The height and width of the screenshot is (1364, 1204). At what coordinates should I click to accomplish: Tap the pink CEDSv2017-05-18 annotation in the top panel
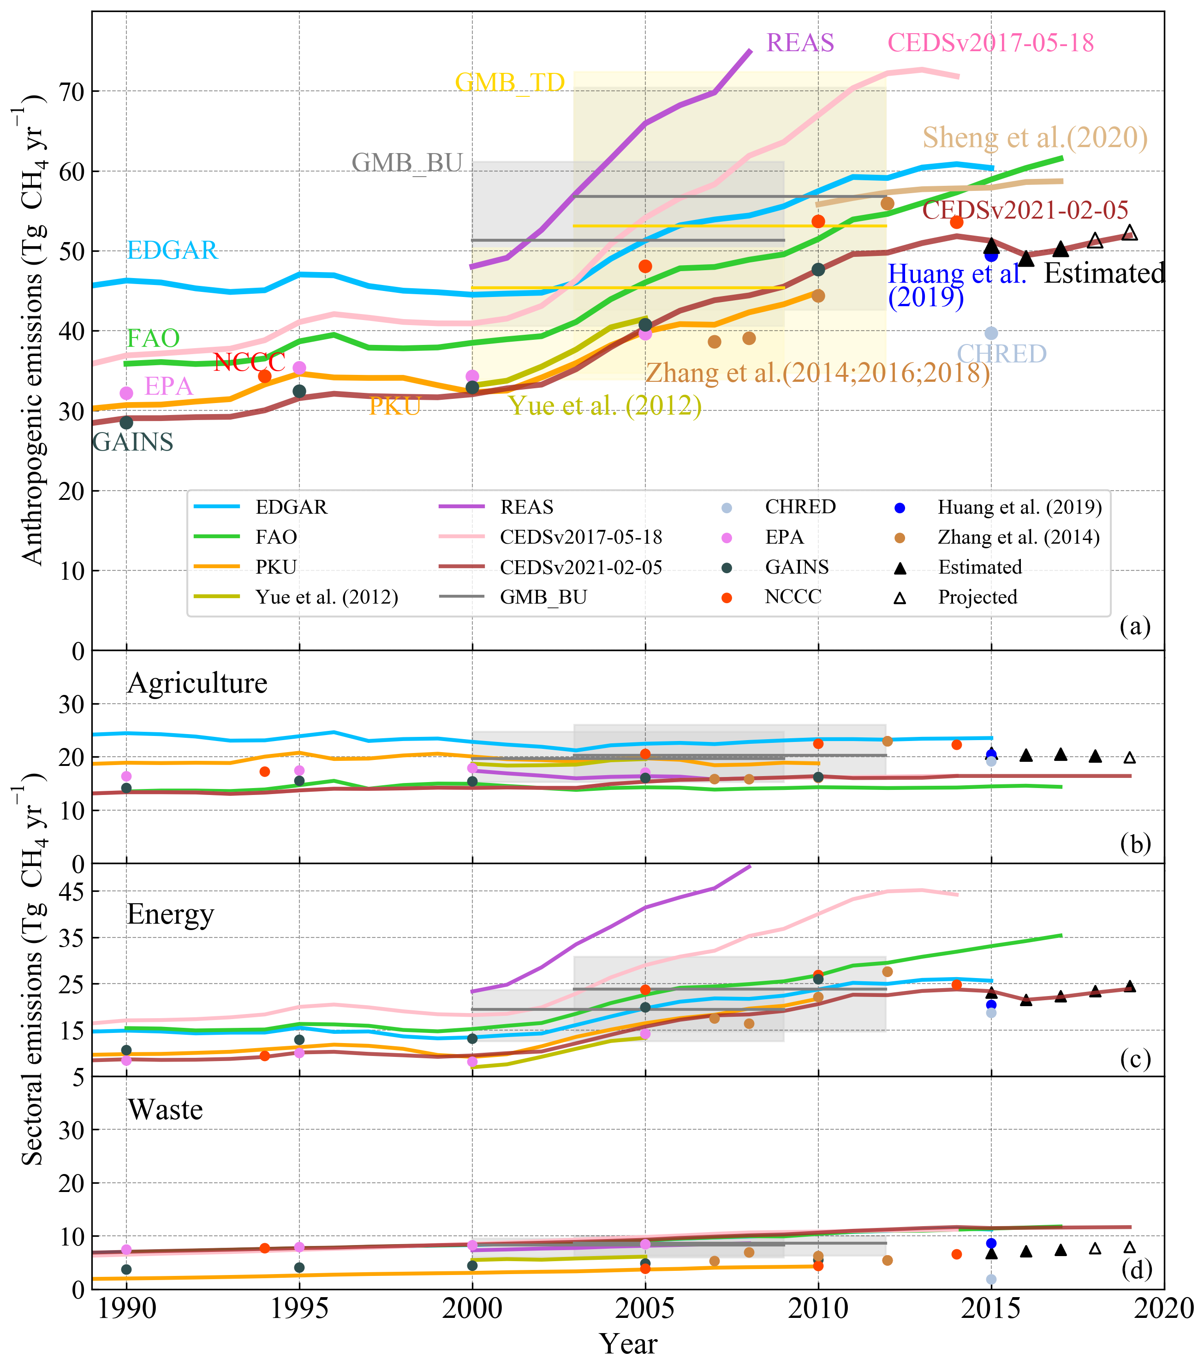coord(990,43)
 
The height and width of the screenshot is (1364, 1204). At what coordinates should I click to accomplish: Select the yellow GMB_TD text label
coord(510,83)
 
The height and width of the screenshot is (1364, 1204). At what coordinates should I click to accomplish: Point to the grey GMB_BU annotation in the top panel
coord(407,163)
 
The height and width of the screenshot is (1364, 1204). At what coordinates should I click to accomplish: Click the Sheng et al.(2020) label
coord(1035,138)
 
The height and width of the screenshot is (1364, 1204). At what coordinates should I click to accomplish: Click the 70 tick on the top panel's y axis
coord(72,91)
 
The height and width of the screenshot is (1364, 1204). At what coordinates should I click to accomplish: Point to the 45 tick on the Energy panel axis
coord(72,891)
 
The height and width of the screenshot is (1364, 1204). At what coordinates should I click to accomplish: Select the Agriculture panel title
coord(197,683)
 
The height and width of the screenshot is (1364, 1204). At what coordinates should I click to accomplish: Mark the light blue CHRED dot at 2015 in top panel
coord(991,333)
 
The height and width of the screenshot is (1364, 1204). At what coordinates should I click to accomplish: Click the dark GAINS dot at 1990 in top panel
coord(126,422)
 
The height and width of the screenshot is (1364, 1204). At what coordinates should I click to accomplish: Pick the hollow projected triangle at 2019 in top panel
coord(1129,233)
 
